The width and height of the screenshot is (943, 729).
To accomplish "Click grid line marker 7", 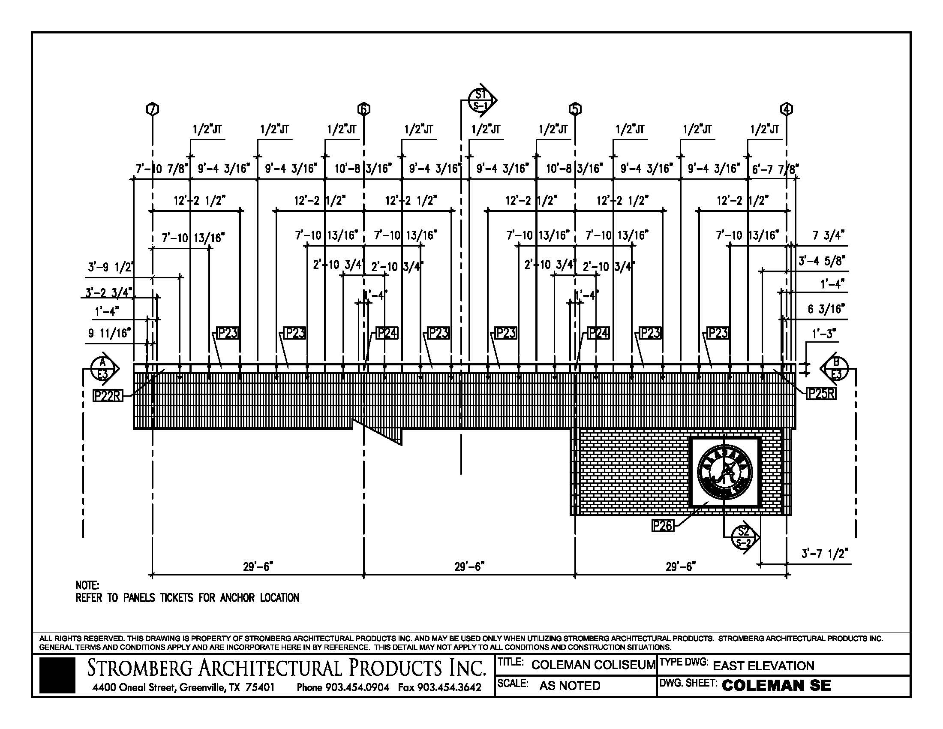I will [x=153, y=109].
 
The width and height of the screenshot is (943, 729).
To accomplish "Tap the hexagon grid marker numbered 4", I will [x=786, y=109].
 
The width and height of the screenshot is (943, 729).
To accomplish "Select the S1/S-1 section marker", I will [x=481, y=100].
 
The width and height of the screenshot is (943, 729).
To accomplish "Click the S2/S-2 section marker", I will [x=744, y=537].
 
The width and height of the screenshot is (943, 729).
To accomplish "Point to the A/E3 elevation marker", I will [x=103, y=368].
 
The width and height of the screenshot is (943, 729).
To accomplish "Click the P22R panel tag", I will [x=108, y=395].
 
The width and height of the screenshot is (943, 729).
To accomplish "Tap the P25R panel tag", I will [x=821, y=393].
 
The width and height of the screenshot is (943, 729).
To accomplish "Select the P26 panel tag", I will [x=662, y=525].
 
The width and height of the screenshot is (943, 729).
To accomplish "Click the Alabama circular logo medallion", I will [x=725, y=471].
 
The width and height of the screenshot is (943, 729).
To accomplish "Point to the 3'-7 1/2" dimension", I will [x=824, y=554].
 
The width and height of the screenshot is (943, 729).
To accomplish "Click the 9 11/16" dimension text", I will [x=109, y=333].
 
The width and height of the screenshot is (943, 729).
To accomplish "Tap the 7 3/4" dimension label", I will [x=828, y=235].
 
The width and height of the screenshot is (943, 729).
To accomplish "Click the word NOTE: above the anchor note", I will [x=87, y=585].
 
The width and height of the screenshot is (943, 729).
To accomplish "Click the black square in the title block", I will [x=57, y=675].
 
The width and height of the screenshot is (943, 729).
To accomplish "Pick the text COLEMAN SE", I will [x=776, y=685].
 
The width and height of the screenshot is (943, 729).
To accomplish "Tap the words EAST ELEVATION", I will [x=763, y=666].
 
